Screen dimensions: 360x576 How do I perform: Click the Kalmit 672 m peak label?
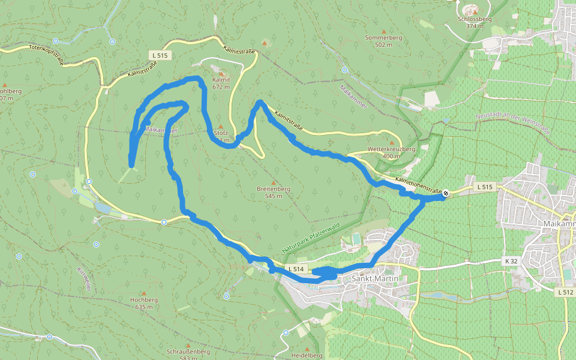(x=221, y=83)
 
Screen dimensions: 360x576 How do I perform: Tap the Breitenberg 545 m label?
(x=274, y=192)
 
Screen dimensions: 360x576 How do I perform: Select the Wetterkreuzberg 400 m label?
(x=391, y=152)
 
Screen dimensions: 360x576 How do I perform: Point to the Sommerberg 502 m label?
(x=383, y=41)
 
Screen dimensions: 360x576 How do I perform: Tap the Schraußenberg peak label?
(x=188, y=354)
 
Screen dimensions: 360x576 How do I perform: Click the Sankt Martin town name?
(x=376, y=278)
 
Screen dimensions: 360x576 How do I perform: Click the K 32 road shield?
(x=510, y=262)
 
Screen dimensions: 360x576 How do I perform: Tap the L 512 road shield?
(x=565, y=292)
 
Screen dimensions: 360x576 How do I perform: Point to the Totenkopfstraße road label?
(x=46, y=54)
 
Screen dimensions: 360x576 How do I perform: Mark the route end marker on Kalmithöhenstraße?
(x=446, y=193)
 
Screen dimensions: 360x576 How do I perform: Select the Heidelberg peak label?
(x=307, y=355)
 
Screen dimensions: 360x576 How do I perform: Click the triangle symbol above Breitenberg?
(x=274, y=182)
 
